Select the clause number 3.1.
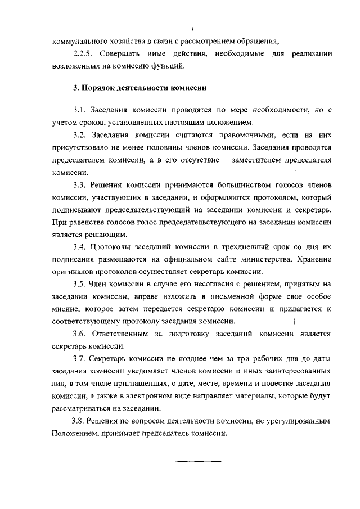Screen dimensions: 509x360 pos(80,109)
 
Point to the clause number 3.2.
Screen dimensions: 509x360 pos(80,136)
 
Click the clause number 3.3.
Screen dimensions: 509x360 pos(80,185)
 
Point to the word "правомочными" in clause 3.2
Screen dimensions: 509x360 pos(228,136)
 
